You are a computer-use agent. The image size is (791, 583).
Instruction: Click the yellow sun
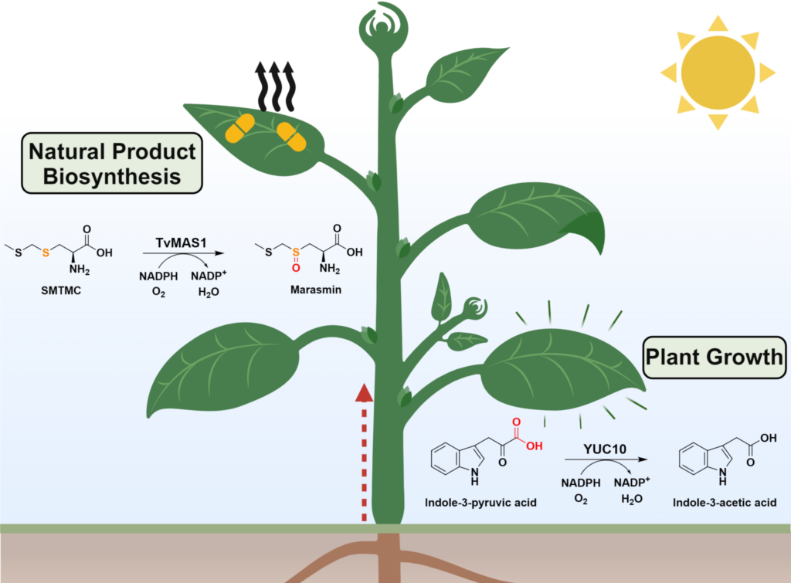(x=718, y=73)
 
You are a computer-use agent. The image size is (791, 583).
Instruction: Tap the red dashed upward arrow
(x=364, y=453)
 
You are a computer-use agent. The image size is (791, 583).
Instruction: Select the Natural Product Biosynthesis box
(x=112, y=164)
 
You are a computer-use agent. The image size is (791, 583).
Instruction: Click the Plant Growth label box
(x=715, y=358)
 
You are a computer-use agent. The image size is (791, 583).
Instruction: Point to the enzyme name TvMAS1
(x=181, y=242)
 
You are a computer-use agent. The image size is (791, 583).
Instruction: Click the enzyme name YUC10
(x=605, y=449)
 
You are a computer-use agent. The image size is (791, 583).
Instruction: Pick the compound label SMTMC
(x=61, y=290)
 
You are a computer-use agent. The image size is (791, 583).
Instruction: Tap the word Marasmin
(x=316, y=290)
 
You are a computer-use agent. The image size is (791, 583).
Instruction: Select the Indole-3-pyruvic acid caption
(x=480, y=503)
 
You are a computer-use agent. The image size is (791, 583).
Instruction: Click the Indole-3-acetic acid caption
(x=725, y=503)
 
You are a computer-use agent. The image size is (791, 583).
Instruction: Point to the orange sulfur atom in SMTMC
(x=46, y=253)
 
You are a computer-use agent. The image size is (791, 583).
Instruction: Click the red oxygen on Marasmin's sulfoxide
(x=296, y=268)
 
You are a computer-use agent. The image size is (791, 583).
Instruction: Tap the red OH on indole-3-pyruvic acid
(x=535, y=446)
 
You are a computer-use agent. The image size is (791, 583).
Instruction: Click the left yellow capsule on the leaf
(x=239, y=128)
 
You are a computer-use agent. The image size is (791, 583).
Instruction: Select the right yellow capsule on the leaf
(x=291, y=136)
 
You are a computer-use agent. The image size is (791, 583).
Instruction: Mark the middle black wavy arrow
(x=276, y=86)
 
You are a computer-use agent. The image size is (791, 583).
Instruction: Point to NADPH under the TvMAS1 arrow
(x=158, y=276)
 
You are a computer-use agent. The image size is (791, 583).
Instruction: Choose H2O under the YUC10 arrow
(x=632, y=500)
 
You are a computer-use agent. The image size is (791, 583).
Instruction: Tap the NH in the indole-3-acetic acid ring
(x=723, y=476)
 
